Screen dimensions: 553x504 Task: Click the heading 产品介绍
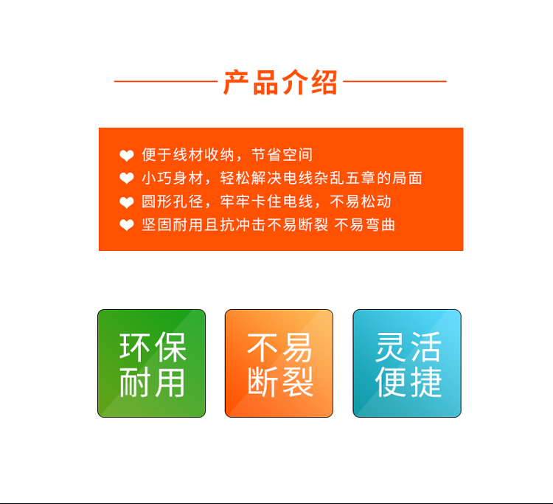pos(280,82)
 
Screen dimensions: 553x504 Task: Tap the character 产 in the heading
pos(236,82)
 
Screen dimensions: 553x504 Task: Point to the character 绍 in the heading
pos(324,83)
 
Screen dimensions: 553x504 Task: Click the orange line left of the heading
pos(166,81)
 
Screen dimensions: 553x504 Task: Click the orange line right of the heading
pos(394,81)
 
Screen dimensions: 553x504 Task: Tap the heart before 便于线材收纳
pos(127,156)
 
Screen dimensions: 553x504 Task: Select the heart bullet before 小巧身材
pos(127,179)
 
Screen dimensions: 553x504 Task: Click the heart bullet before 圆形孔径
pos(127,203)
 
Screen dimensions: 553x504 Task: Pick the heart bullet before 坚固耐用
pos(127,225)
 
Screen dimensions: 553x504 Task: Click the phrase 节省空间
pos(282,155)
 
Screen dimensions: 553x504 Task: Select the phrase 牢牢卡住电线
pos(267,201)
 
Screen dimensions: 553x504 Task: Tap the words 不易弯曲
pos(365,225)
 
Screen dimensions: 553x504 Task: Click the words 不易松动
pos(361,201)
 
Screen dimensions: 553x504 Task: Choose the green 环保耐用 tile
pos(152,363)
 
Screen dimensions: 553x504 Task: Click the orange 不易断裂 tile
pos(279,363)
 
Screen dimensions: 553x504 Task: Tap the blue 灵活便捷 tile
pos(407,363)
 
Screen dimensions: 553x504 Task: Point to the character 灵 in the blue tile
pos(390,348)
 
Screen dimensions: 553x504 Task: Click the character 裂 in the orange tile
pos(298,382)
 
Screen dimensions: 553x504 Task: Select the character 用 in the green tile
pos(170,383)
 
